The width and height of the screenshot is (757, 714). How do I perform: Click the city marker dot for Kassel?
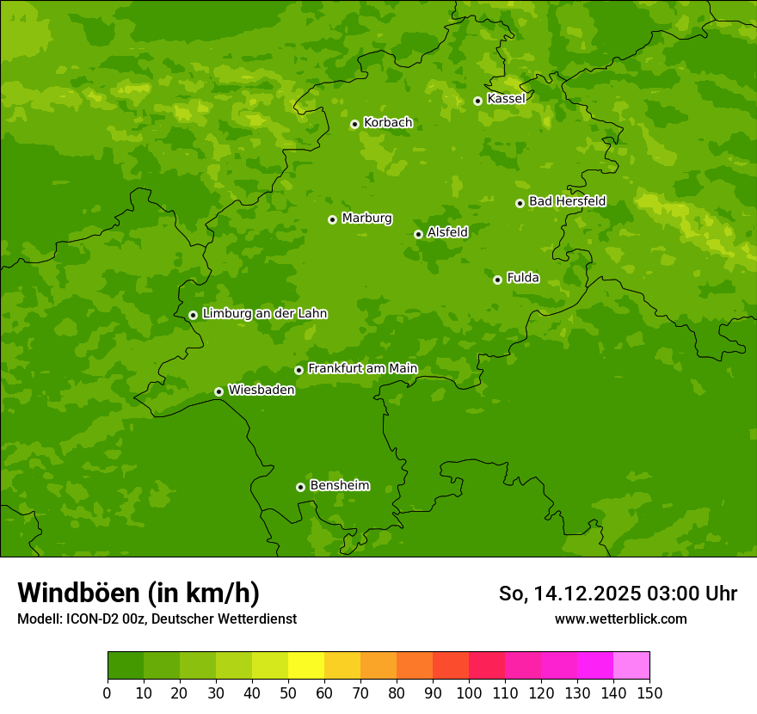(x=477, y=101)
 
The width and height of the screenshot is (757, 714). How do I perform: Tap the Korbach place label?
(x=388, y=123)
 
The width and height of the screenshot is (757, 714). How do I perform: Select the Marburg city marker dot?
(x=332, y=219)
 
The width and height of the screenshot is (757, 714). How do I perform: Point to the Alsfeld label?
(x=447, y=232)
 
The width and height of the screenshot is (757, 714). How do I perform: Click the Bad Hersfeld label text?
(x=567, y=201)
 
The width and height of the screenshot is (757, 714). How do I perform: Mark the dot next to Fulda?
(x=497, y=280)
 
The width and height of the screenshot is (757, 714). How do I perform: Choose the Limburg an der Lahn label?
(x=264, y=314)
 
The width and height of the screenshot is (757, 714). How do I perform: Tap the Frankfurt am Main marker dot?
(x=298, y=370)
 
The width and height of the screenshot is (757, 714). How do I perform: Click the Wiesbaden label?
(x=262, y=390)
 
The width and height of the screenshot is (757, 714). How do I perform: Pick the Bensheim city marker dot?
(x=300, y=487)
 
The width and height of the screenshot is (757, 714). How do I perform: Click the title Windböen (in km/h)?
(x=138, y=593)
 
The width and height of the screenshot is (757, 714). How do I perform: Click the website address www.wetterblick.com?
(x=620, y=619)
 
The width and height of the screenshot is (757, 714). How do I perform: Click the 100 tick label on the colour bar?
(x=469, y=692)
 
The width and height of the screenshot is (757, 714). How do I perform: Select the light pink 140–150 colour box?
(x=631, y=665)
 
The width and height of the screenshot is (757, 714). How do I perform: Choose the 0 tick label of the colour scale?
(x=108, y=692)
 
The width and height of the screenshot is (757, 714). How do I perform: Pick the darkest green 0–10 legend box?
(x=126, y=665)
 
